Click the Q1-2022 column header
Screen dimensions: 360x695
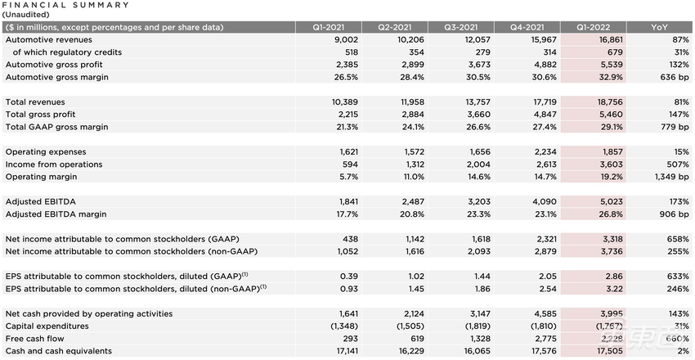coord(595,27)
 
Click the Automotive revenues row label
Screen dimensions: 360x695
coord(49,39)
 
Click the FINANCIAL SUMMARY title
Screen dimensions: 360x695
coord(65,5)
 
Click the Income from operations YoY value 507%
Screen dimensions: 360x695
coord(674,164)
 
